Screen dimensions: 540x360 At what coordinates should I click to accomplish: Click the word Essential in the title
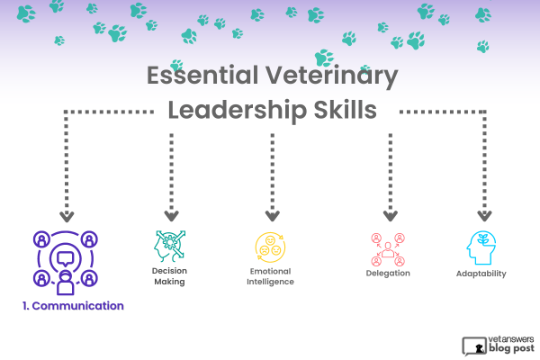point(202,75)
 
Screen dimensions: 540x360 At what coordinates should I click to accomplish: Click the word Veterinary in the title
point(331,76)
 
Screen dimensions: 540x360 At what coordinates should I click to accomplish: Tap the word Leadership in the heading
point(237,111)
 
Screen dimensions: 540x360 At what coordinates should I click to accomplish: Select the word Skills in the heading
point(345,110)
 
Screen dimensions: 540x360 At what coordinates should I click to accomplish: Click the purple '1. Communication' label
point(73,306)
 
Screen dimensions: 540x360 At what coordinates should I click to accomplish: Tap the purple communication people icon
point(66,263)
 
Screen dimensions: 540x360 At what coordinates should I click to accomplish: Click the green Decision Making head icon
point(169,246)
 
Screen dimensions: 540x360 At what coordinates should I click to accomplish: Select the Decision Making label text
point(169,276)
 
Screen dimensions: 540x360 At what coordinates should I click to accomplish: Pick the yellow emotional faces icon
point(270,247)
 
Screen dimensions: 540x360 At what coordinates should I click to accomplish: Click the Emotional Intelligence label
point(270,276)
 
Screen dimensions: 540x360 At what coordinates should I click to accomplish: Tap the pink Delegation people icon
point(388,250)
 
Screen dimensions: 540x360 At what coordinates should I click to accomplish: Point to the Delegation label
point(388,274)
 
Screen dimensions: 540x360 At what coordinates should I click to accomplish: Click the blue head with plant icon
point(481,247)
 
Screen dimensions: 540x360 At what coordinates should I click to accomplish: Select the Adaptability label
point(481,274)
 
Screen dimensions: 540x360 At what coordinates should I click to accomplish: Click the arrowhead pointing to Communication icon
point(67,217)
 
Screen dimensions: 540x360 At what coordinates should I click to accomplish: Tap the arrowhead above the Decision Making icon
point(172,216)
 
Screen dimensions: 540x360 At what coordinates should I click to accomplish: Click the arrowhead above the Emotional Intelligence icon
point(273,216)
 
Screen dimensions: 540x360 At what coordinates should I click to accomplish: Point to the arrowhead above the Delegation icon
point(391,216)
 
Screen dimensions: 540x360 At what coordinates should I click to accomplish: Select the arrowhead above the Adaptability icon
point(484,216)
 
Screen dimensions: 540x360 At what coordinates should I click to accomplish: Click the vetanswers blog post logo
point(498,346)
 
